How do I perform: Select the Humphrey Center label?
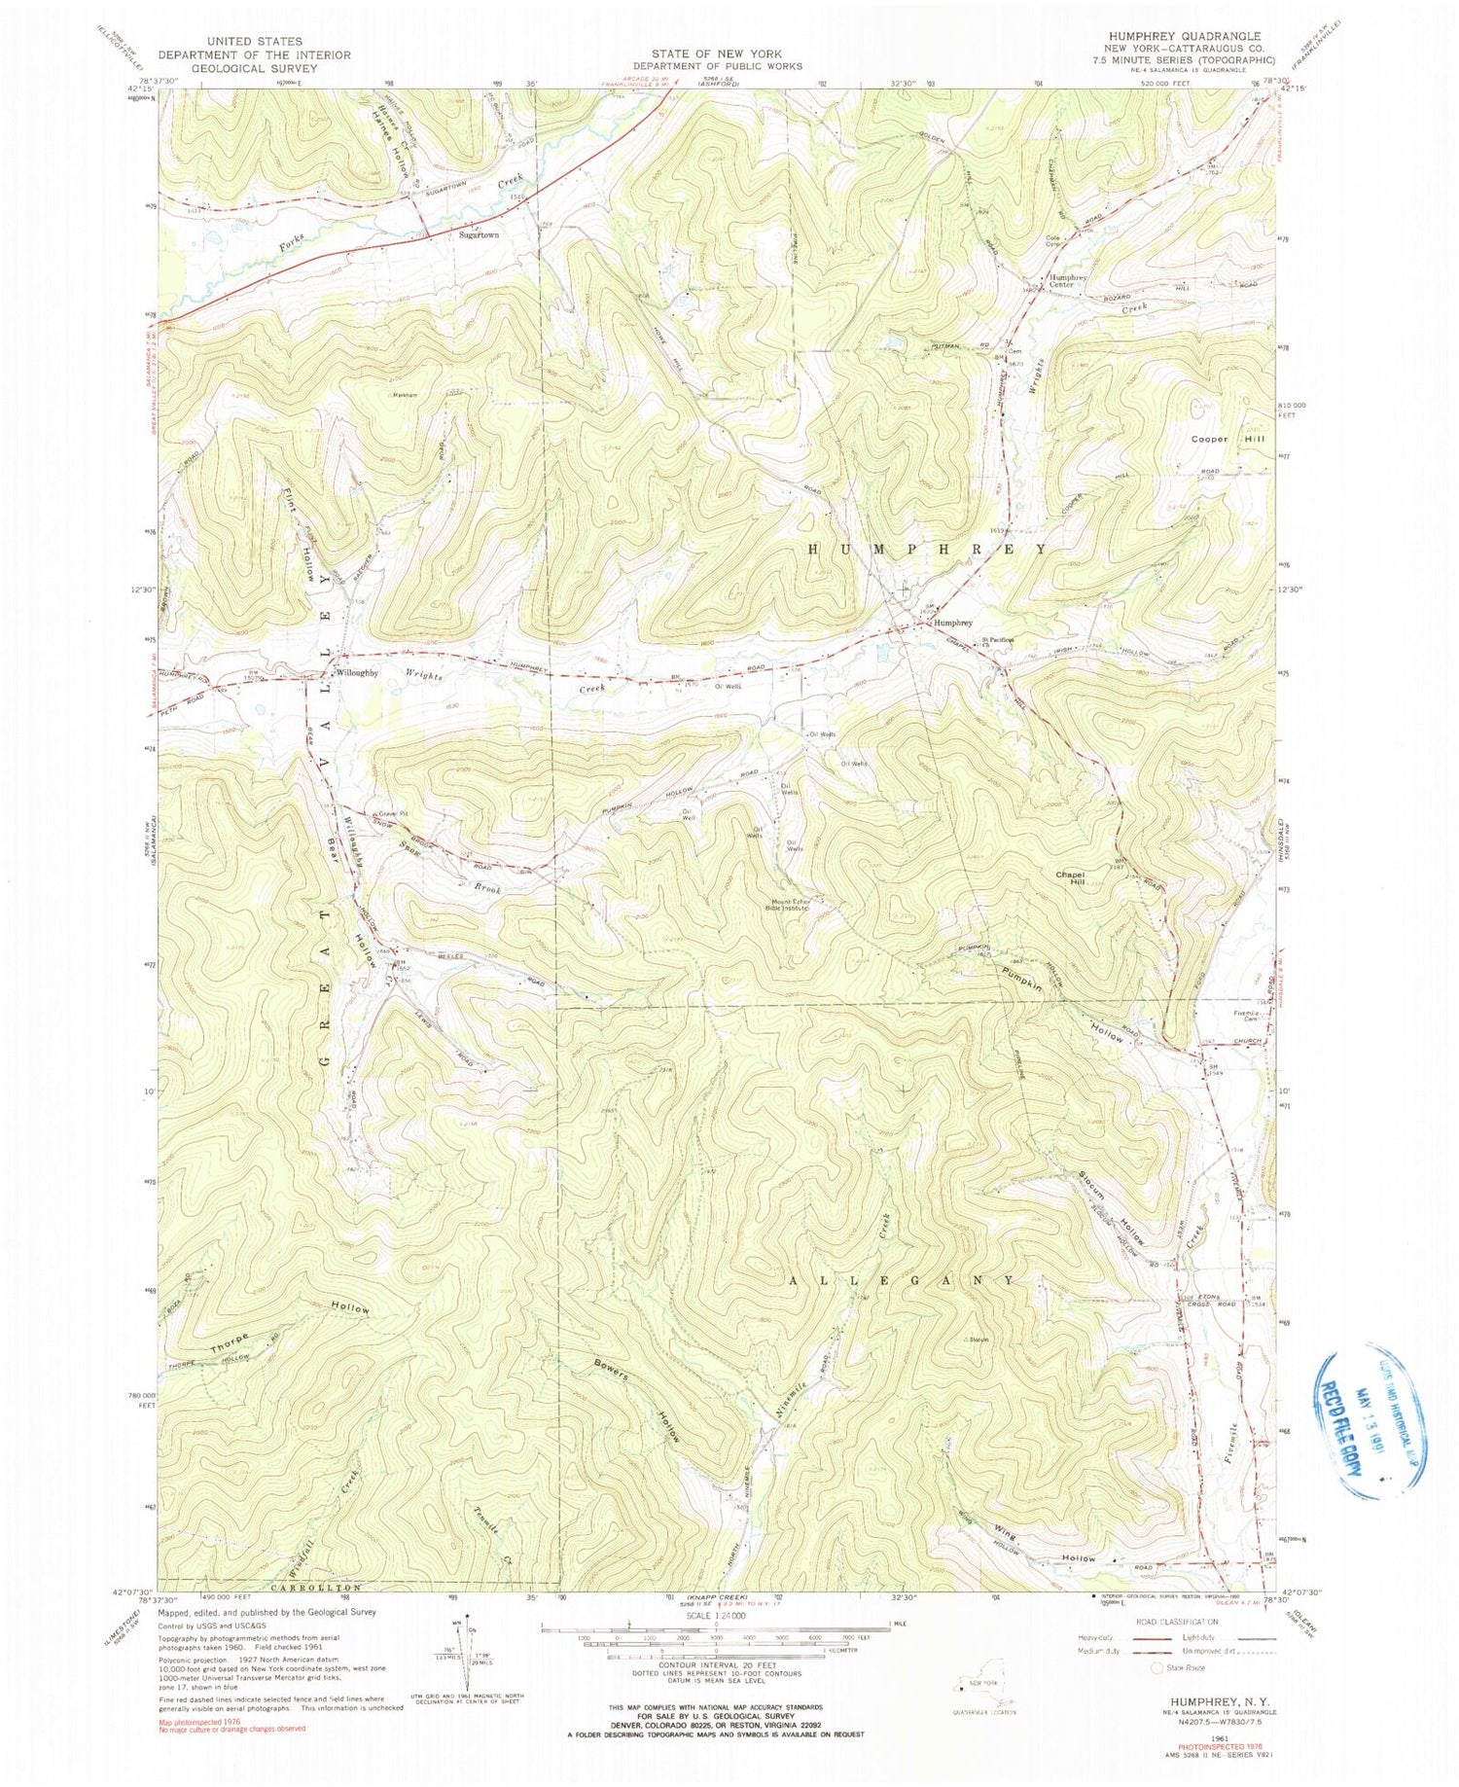click(1073, 280)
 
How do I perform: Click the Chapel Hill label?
click(1070, 878)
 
